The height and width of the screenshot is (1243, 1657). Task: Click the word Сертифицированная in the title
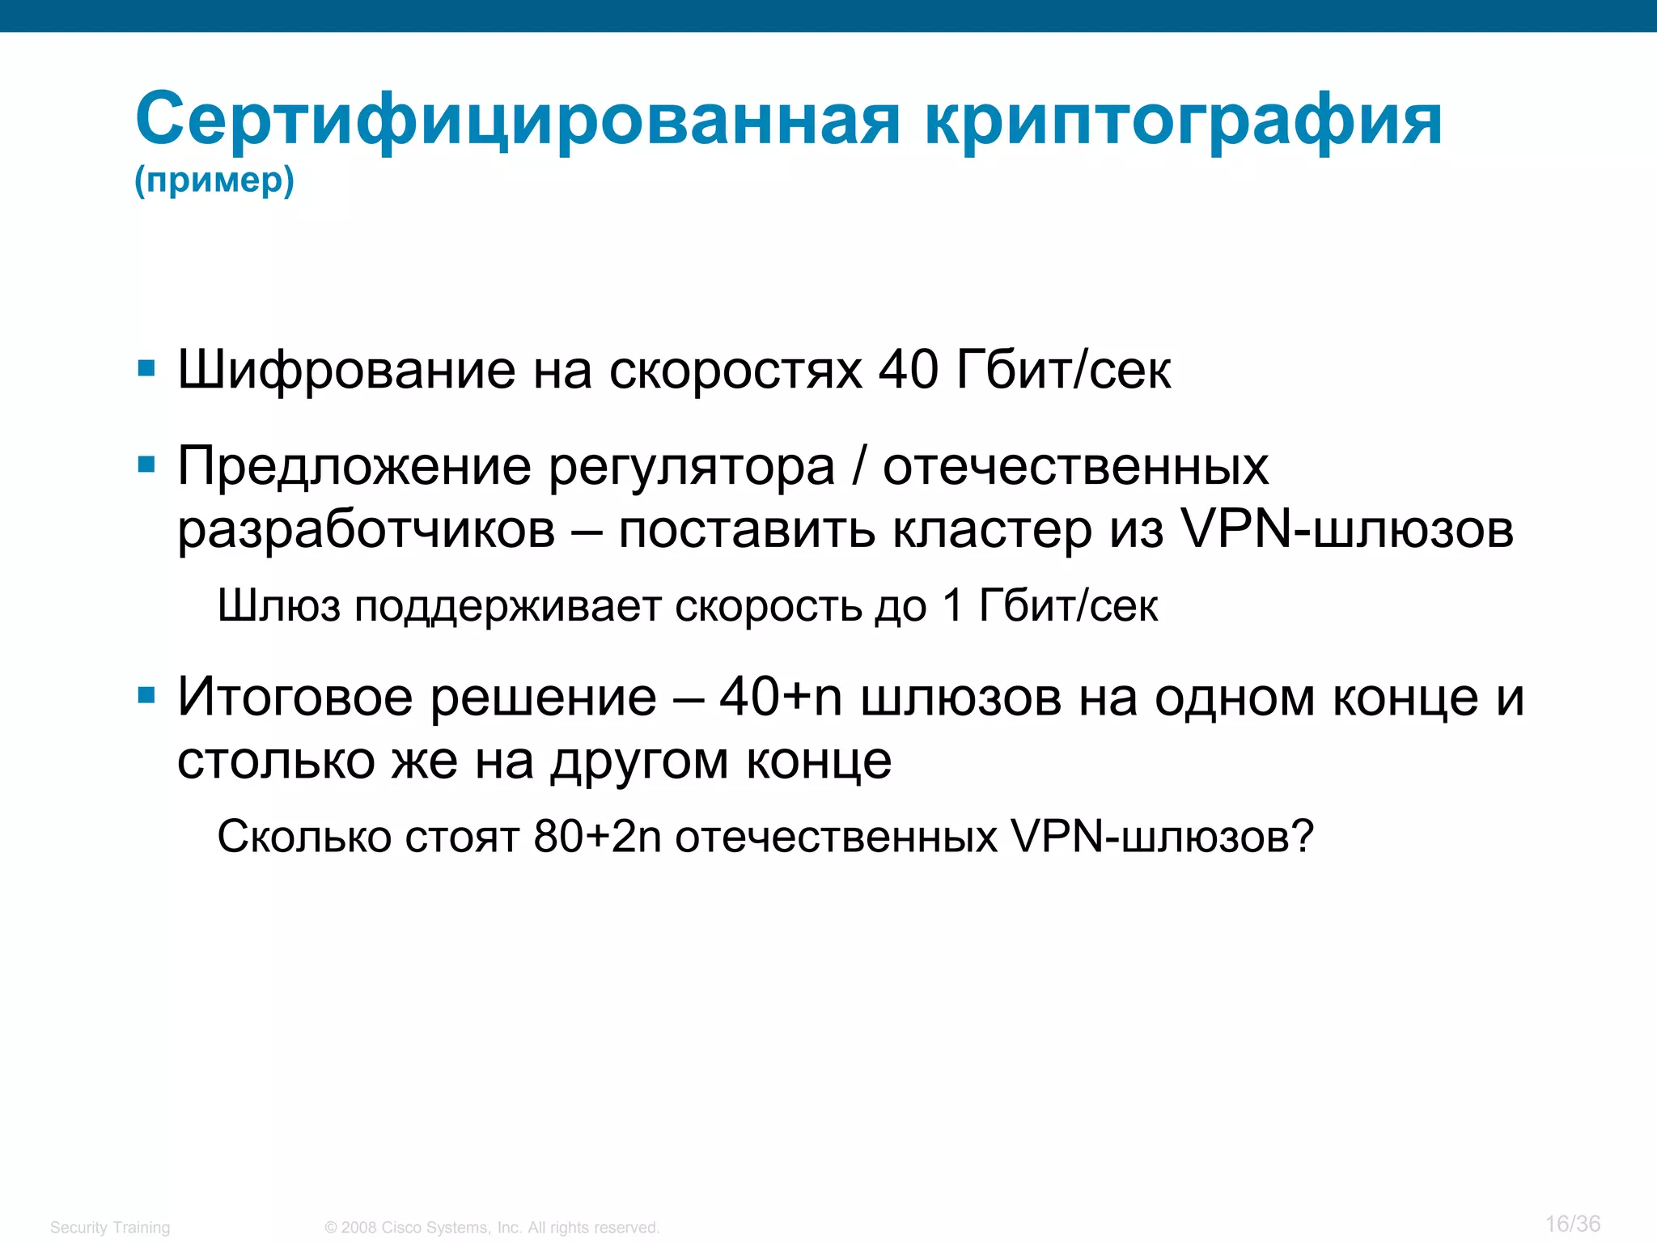tap(518, 120)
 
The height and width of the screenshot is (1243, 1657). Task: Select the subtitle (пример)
tap(214, 180)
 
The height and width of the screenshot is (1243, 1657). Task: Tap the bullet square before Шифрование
tap(146, 370)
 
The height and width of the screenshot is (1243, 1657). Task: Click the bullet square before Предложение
tap(146, 465)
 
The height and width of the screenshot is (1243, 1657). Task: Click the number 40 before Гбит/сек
tap(909, 370)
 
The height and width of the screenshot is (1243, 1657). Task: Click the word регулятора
tap(692, 468)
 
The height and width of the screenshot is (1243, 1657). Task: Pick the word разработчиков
tap(367, 531)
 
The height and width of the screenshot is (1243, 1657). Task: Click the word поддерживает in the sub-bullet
tap(507, 606)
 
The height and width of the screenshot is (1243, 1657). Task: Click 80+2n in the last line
tap(597, 836)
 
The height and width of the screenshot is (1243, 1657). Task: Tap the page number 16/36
tap(1572, 1224)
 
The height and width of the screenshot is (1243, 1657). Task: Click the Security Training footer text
tap(110, 1228)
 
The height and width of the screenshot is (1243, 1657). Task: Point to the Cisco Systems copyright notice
tap(492, 1228)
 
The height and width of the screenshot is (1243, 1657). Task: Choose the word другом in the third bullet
tap(639, 762)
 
